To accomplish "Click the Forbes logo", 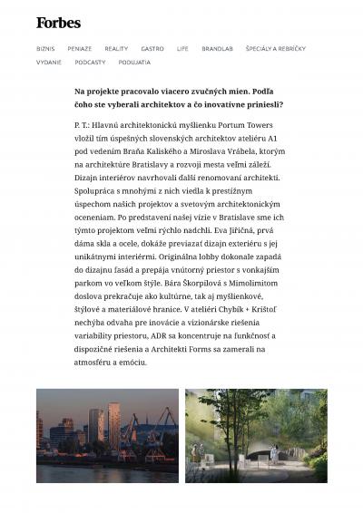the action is [x=58, y=23].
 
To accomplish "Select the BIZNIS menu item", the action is [x=45, y=48].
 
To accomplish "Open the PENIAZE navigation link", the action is [x=79, y=48].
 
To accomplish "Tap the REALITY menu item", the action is [x=116, y=48].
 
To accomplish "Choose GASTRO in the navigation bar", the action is [x=152, y=48].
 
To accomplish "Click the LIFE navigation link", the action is [x=182, y=48].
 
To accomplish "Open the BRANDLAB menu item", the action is [x=218, y=48].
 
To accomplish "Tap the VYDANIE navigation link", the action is [x=49, y=63].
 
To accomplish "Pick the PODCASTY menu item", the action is [x=91, y=63].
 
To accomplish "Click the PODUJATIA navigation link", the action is [x=134, y=63].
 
